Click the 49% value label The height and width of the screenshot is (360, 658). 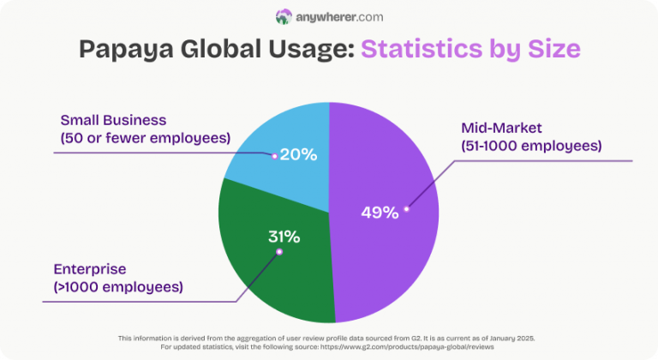379,212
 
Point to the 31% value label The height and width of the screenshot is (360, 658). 284,237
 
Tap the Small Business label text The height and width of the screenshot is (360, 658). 113,120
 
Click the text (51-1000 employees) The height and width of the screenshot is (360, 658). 531,146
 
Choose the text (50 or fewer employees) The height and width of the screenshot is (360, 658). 145,137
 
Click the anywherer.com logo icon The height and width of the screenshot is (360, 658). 284,16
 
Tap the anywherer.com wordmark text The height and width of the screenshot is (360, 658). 339,16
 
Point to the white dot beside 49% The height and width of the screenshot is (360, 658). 407,207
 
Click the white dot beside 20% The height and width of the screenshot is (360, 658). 274,156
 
